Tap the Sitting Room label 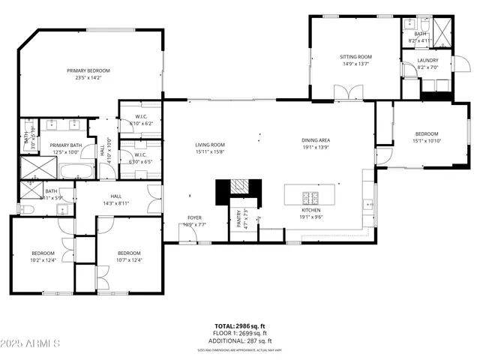pos(356,57)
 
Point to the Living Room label pos(210,145)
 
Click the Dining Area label pos(316,140)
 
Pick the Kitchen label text pos(311,210)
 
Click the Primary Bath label pos(66,145)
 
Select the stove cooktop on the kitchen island pos(310,197)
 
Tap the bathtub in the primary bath pos(76,172)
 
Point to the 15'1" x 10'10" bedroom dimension pos(426,140)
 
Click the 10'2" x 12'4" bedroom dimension pos(42,260)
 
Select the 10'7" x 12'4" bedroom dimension pos(129,260)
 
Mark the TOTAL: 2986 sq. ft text pos(240,326)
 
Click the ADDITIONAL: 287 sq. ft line pos(240,341)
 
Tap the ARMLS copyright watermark pos(30,343)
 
